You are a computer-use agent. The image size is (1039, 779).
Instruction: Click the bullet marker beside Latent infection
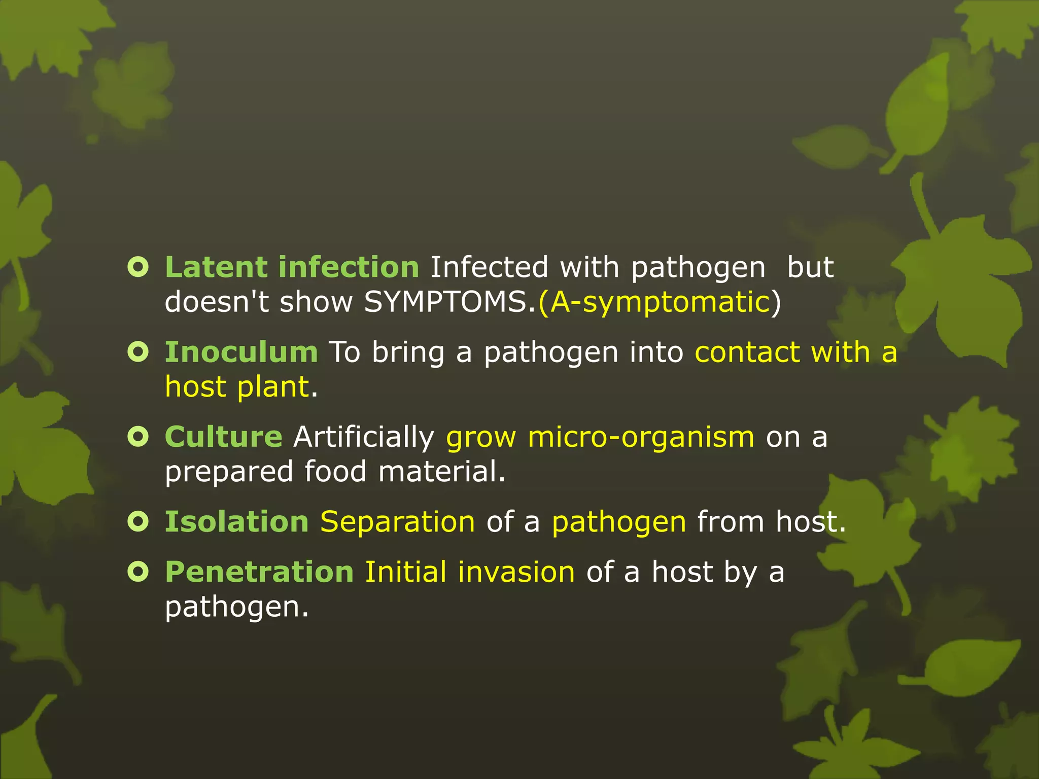pos(138,267)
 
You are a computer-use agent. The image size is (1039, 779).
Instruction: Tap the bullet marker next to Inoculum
pos(138,351)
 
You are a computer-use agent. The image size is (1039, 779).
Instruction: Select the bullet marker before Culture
pos(138,436)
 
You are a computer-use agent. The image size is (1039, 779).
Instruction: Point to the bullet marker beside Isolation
pos(138,521)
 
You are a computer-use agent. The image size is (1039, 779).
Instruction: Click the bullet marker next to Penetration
pos(138,572)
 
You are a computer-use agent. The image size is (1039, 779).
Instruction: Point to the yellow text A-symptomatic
pos(660,302)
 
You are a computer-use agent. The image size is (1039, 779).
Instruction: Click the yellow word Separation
pos(398,521)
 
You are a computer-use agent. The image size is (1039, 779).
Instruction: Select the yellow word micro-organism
pos(641,437)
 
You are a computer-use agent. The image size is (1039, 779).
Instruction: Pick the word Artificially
pos(364,437)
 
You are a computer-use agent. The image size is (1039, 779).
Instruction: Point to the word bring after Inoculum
pos(408,352)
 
